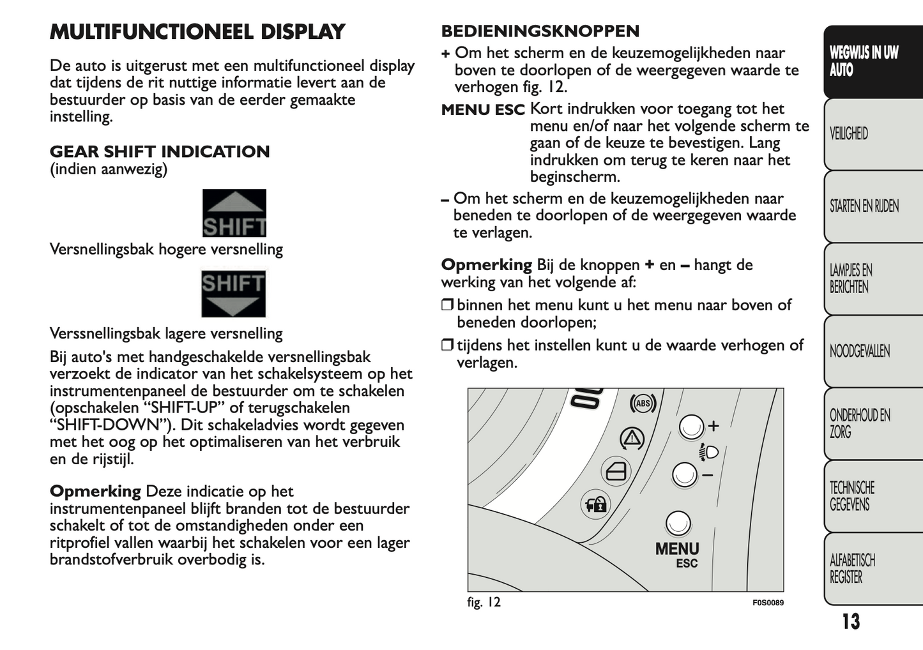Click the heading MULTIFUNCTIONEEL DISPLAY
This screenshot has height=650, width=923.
coord(197,32)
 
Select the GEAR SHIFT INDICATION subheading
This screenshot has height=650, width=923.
coord(160,152)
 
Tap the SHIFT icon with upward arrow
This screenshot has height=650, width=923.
coord(234,213)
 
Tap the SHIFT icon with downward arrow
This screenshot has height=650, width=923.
coord(234,294)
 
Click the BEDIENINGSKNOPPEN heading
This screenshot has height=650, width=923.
coord(540,31)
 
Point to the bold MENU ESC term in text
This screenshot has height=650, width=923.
coord(483,110)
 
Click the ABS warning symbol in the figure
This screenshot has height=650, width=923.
coord(643,403)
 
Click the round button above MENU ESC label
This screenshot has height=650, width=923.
coord(678,524)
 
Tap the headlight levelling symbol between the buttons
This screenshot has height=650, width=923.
coord(709,452)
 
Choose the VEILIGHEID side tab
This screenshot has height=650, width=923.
coord(849,134)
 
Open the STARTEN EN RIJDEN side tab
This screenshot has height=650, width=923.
coord(864,206)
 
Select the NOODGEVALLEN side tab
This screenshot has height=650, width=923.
coord(859,351)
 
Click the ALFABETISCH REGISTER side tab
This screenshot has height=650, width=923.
coord(852,569)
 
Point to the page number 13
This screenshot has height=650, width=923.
coord(850,622)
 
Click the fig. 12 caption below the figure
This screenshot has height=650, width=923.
coord(484,602)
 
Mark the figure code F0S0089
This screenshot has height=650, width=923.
coord(767,603)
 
